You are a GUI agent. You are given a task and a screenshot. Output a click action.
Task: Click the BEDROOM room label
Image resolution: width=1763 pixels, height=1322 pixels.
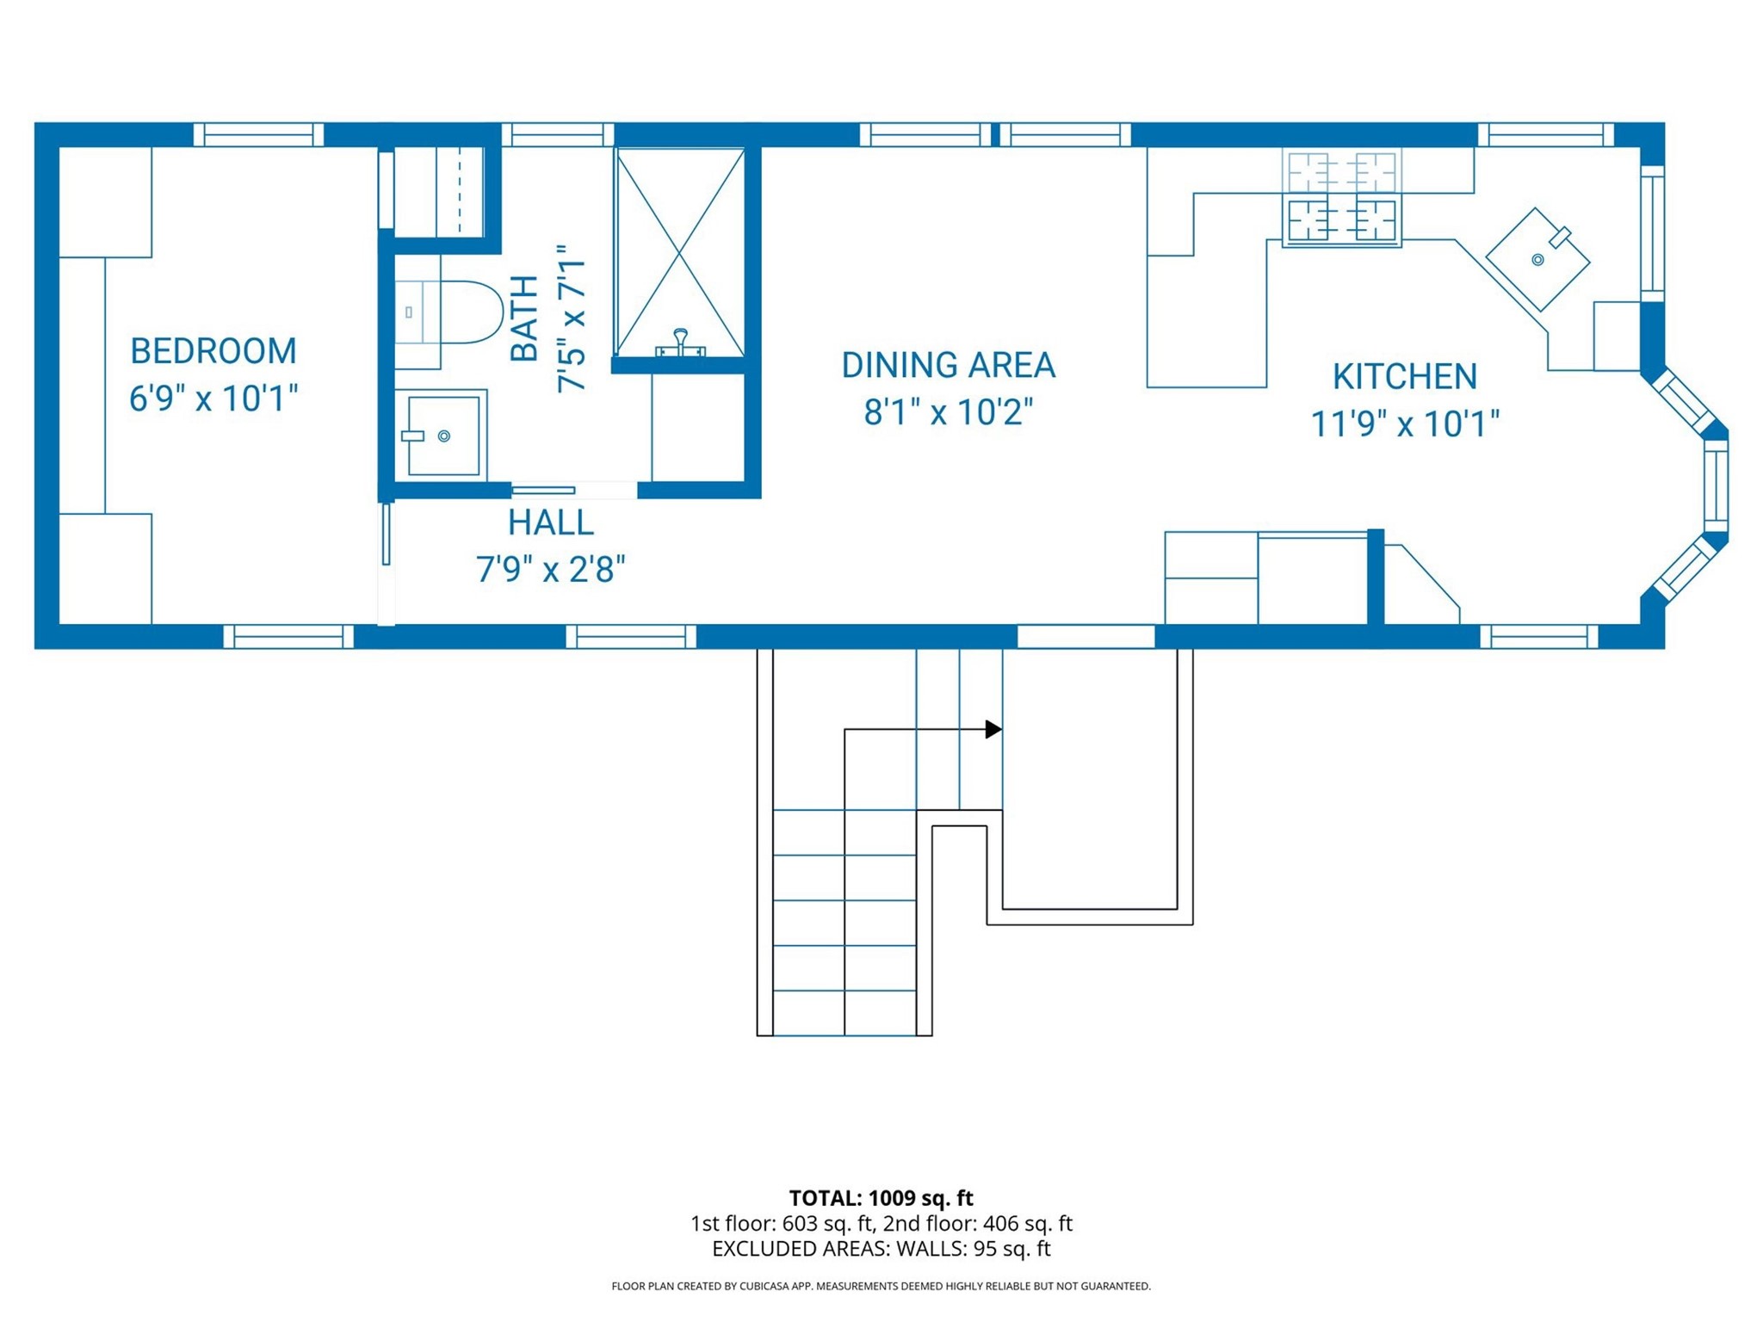[x=213, y=351]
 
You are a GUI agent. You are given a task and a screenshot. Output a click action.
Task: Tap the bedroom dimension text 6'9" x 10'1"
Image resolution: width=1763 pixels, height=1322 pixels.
[x=213, y=398]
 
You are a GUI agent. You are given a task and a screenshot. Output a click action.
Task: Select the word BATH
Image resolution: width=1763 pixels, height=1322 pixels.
[x=524, y=318]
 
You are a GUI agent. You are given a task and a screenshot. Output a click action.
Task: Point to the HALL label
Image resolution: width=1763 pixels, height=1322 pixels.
[x=550, y=522]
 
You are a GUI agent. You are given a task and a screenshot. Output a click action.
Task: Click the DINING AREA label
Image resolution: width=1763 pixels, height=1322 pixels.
[x=948, y=365]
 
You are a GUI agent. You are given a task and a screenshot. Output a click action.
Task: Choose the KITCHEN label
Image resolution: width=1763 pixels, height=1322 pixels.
[x=1405, y=376]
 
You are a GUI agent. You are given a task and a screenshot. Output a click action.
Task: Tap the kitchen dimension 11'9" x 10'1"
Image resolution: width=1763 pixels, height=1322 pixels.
[x=1405, y=424]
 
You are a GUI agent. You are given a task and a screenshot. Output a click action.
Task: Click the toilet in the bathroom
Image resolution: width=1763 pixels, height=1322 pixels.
[x=448, y=312]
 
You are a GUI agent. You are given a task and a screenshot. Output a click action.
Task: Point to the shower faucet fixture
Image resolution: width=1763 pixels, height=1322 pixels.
[x=680, y=343]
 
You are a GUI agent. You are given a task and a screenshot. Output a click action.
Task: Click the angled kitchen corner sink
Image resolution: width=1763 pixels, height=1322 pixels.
[x=1537, y=259]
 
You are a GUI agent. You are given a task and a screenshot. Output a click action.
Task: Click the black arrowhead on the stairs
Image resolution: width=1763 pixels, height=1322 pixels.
[x=993, y=729]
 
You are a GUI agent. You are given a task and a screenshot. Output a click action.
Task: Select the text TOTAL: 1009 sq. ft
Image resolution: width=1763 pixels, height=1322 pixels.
[x=881, y=1198]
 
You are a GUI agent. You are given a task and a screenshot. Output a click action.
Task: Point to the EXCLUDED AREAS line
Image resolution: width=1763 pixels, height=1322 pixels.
[x=881, y=1248]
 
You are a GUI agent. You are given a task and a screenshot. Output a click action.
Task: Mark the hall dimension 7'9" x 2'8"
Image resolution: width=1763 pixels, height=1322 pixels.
[x=551, y=570]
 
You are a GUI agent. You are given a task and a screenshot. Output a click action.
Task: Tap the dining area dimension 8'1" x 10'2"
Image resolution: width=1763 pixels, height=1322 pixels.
[x=948, y=412]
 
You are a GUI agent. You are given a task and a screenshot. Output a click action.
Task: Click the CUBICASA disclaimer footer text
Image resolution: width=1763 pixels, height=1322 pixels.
[x=881, y=1286]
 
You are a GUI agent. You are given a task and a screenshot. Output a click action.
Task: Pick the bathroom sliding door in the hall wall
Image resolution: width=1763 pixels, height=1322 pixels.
[x=543, y=491]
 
